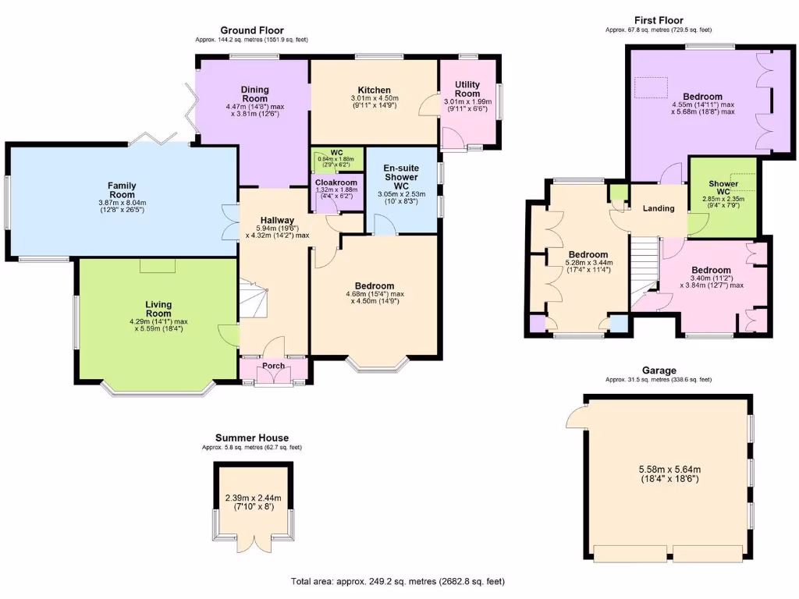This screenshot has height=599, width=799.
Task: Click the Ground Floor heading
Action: (252, 30)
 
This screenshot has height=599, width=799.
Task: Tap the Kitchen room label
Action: (374, 90)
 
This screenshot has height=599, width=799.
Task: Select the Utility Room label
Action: (467, 89)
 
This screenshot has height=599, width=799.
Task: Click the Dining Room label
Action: (254, 94)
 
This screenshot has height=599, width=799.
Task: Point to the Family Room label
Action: (122, 190)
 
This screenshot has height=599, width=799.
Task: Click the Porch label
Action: (273, 366)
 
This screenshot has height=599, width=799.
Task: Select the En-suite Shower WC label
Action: (402, 176)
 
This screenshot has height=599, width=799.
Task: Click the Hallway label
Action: (276, 221)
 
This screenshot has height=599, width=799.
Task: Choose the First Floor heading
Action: (659, 20)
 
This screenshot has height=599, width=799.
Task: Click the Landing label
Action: (658, 209)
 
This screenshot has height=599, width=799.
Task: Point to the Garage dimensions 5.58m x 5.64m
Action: (669, 470)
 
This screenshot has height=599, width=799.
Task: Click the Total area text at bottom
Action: (403, 581)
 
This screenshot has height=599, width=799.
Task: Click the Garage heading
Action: (659, 370)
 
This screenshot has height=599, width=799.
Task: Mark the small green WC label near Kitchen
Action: (337, 152)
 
